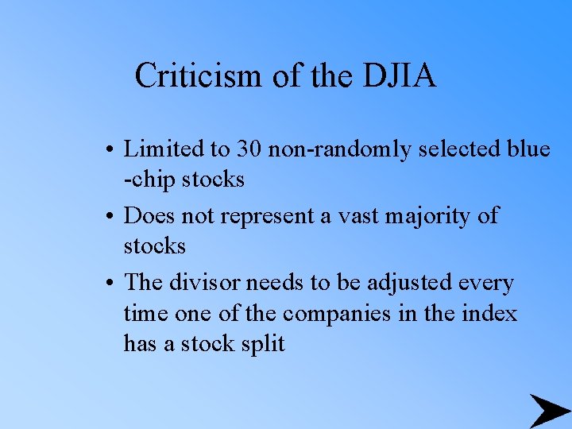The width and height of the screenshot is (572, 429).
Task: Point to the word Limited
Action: coord(163,149)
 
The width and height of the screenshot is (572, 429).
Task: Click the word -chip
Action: coord(149,180)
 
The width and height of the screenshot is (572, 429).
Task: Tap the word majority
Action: coord(423,215)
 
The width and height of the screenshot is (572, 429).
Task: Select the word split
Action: coord(259,345)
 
